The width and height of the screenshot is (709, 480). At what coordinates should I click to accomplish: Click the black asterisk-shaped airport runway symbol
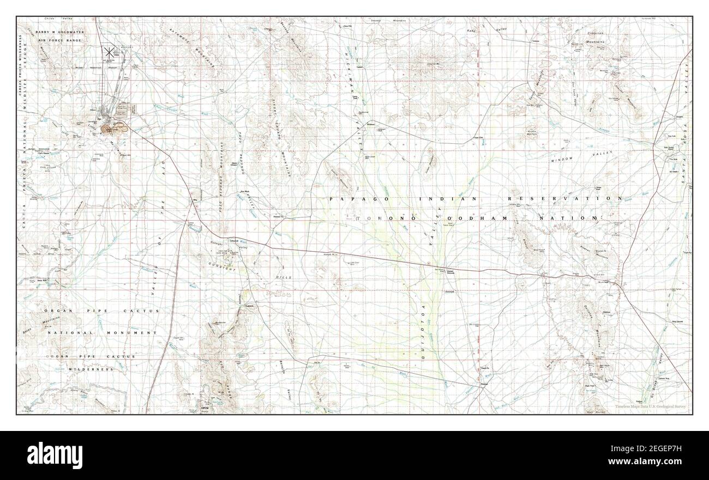[109, 52]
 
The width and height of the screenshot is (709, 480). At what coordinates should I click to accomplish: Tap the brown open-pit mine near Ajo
[115, 129]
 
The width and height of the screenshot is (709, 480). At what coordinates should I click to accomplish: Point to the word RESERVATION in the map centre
[566, 199]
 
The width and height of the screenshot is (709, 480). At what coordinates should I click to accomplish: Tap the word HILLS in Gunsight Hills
[284, 277]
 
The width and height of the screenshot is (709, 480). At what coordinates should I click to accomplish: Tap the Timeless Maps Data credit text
[651, 406]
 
